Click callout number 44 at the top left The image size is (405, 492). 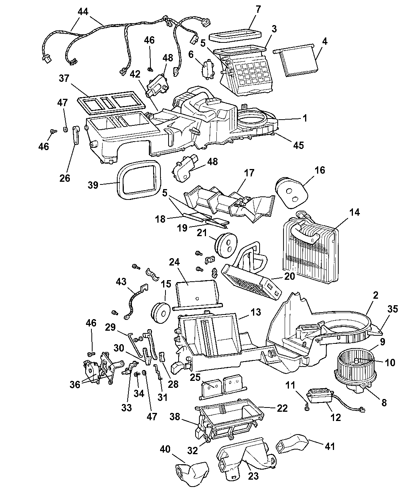[x=83, y=12]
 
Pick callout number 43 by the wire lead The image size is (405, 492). [x=121, y=282]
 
